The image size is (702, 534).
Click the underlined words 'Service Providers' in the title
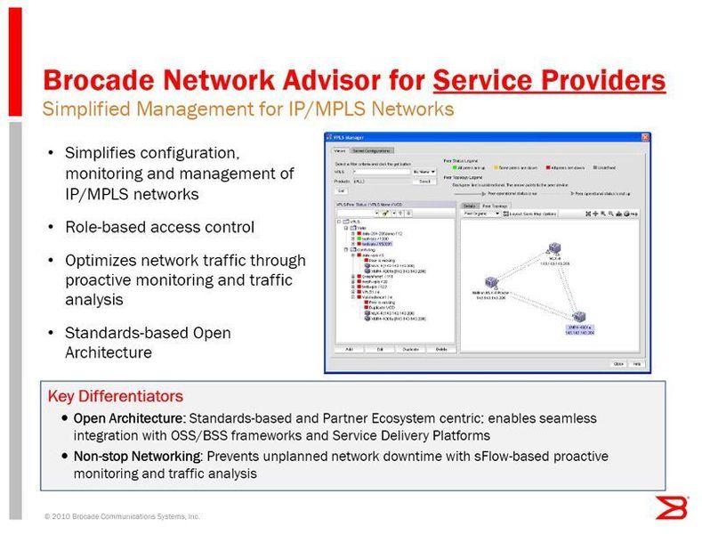click(x=549, y=81)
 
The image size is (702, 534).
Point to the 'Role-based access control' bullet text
click(x=159, y=228)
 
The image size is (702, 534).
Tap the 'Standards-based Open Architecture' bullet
click(x=148, y=343)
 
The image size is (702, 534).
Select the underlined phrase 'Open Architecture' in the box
click(x=129, y=418)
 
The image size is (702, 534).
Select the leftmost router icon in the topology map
click(x=490, y=281)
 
